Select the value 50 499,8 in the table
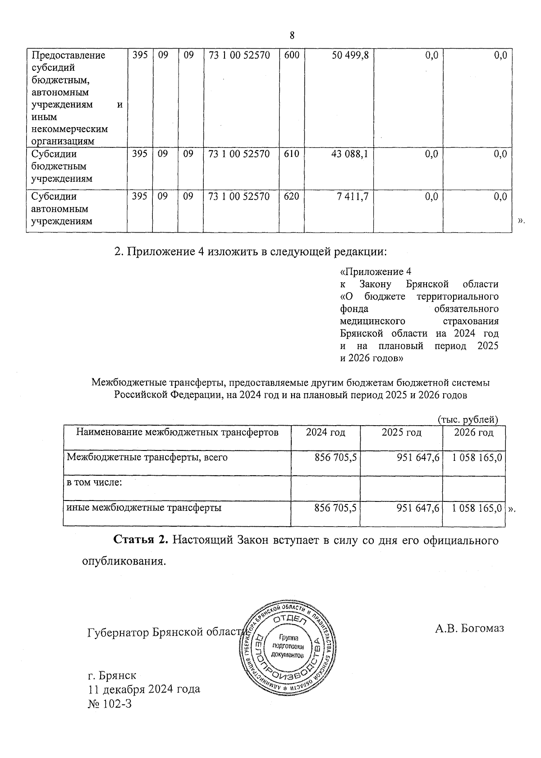[x=350, y=55]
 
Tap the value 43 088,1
[x=350, y=154]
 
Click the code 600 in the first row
[x=292, y=55]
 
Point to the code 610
[x=292, y=154]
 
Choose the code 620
[x=292, y=197]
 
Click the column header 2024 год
[x=326, y=433]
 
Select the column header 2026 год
[x=473, y=433]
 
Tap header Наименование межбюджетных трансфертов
[x=177, y=433]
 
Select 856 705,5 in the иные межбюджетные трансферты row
[x=335, y=508]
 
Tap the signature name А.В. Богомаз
[x=469, y=628]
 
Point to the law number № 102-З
[x=110, y=704]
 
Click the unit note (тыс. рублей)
[x=468, y=419]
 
